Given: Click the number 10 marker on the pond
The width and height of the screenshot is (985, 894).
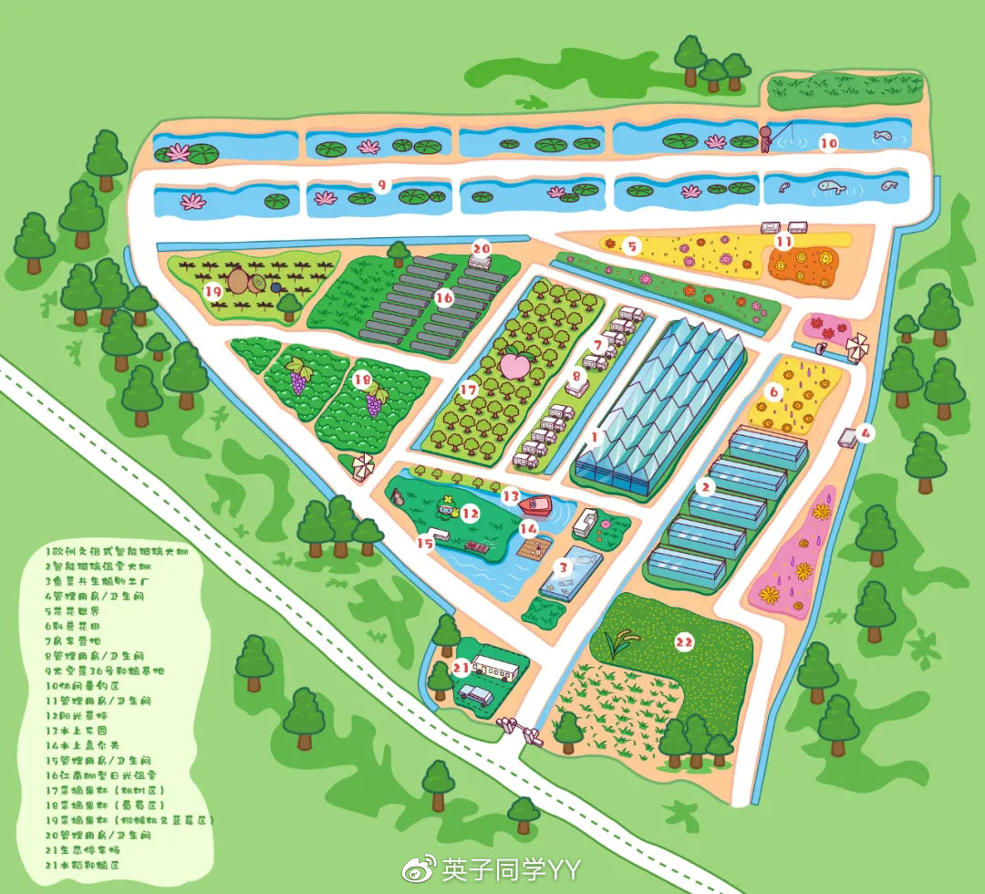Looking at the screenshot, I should (x=828, y=143).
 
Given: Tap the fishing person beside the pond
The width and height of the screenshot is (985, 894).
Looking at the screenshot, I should (x=766, y=140).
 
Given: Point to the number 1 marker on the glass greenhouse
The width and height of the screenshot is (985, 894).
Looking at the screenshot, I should (x=595, y=438).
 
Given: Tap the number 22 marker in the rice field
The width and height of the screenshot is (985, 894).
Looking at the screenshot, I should (x=685, y=642).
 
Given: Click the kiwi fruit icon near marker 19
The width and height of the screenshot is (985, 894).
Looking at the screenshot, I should (x=240, y=278).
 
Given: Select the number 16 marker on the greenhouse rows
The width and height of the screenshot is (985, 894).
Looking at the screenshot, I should (x=444, y=297).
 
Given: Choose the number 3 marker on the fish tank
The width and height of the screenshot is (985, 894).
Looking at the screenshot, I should (x=564, y=567).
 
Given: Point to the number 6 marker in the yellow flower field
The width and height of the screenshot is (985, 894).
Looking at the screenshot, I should (x=774, y=392).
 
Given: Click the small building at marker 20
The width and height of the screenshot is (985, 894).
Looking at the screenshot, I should (x=480, y=261).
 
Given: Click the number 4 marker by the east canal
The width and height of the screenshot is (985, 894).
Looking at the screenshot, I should (x=865, y=431).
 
